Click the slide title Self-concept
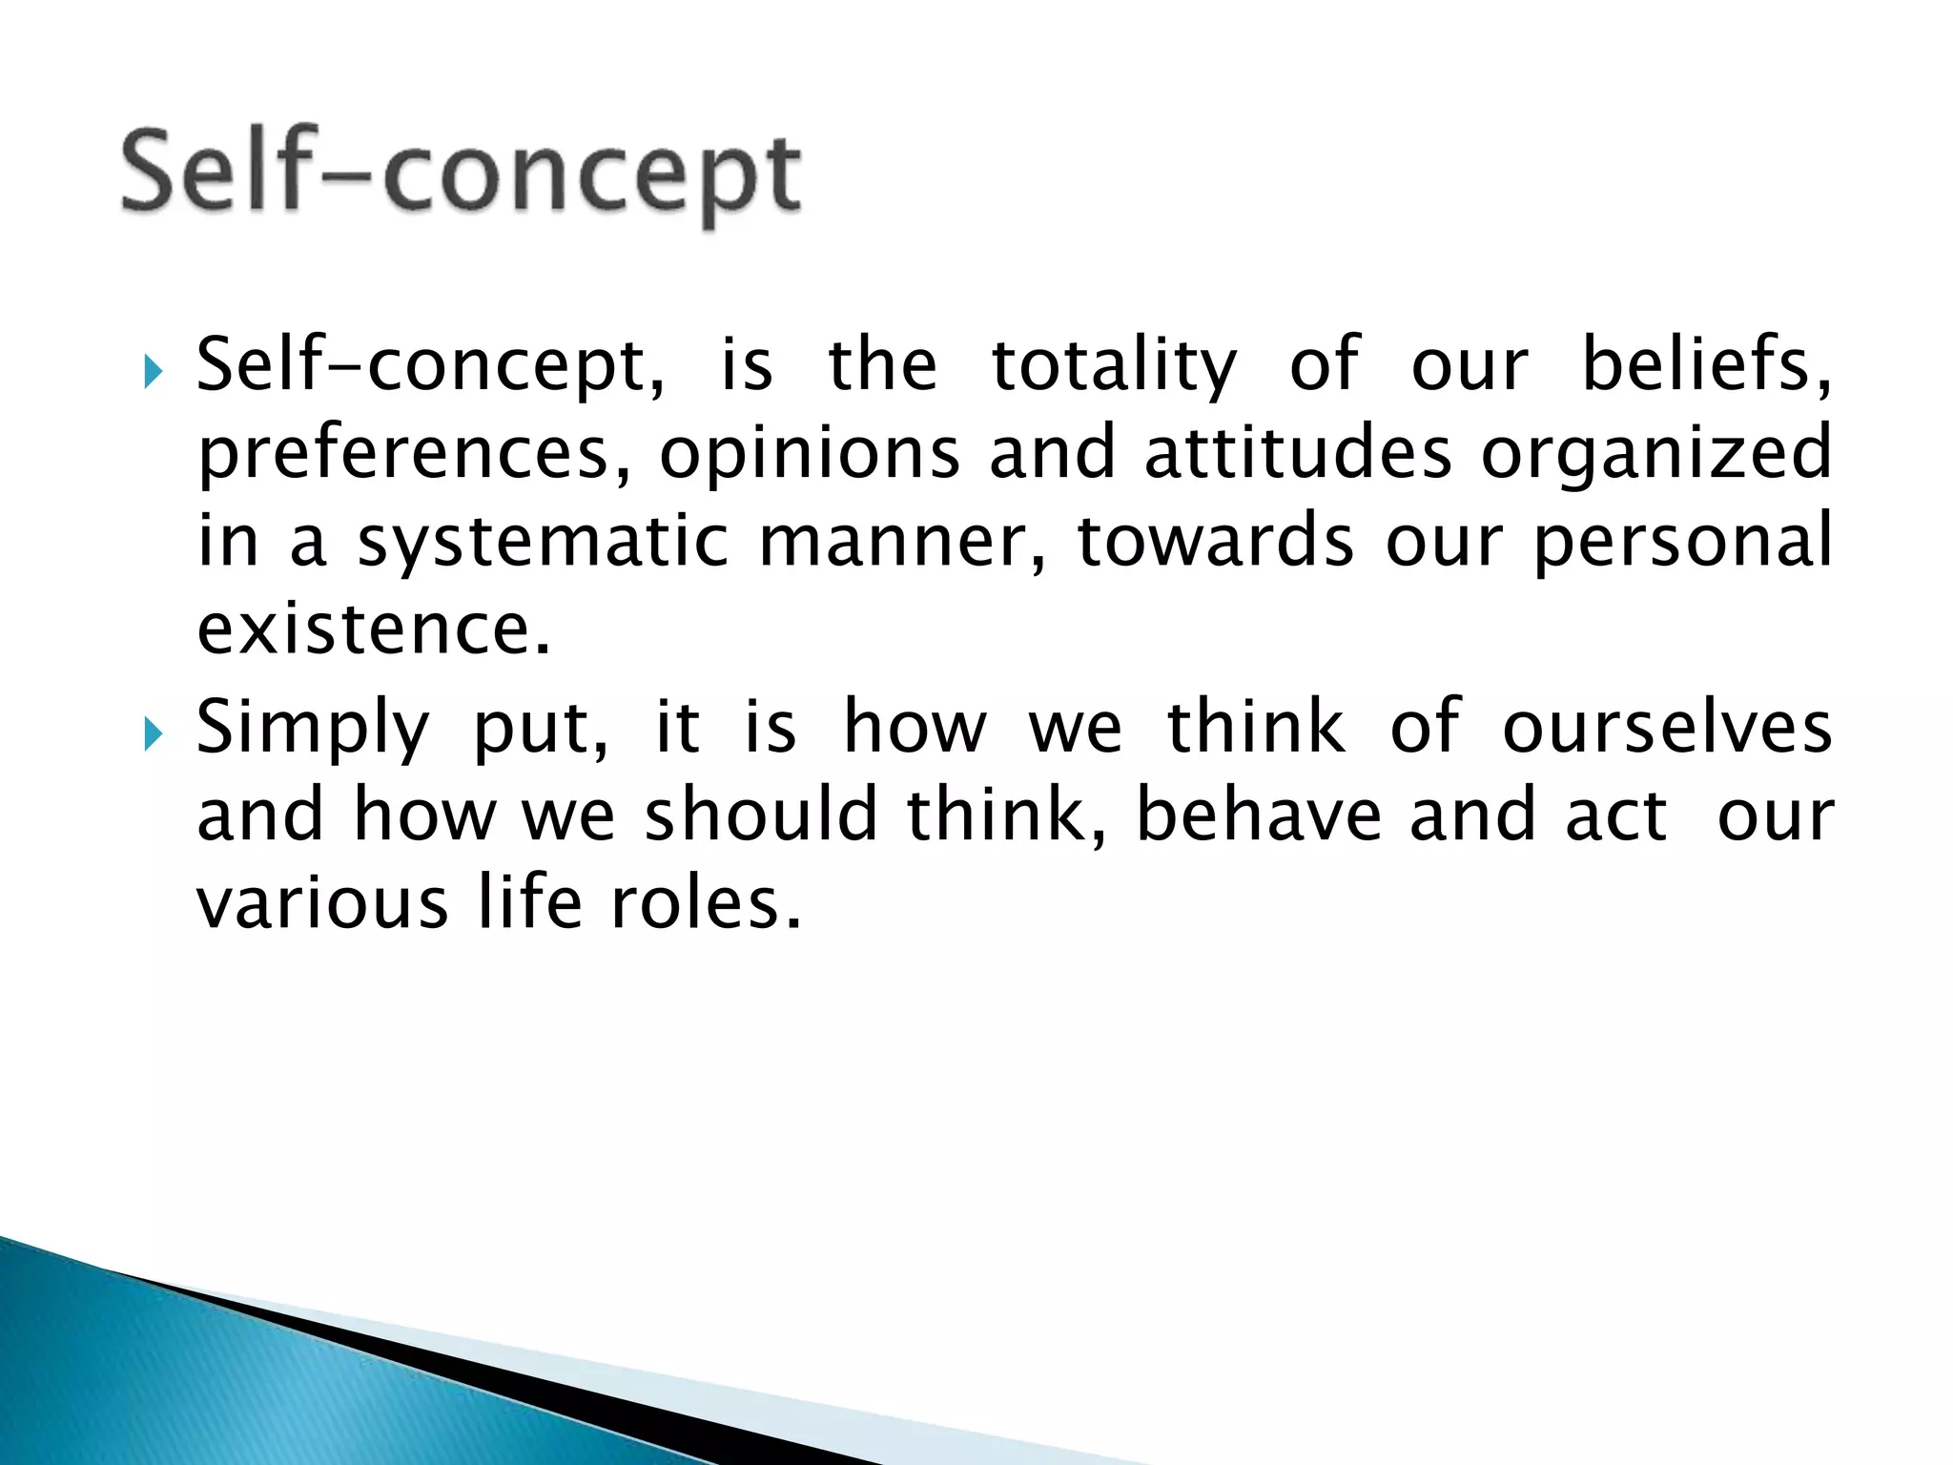pos(461,175)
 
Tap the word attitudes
pos(1298,454)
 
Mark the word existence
pos(374,629)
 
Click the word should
pos(760,816)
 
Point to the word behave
pos(1259,816)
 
